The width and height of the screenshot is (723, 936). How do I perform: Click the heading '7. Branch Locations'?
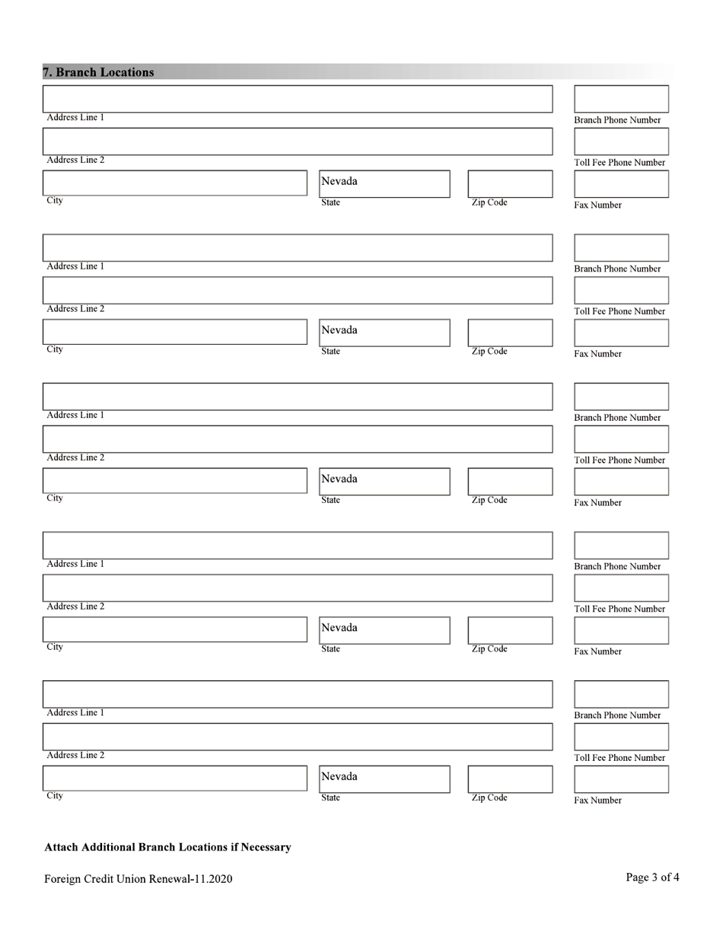point(98,72)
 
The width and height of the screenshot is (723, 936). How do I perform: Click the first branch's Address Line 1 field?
point(297,99)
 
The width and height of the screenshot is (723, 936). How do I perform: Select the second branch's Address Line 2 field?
point(297,290)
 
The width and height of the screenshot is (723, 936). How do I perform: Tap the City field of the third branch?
point(174,480)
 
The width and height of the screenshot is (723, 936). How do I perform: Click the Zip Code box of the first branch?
point(510,183)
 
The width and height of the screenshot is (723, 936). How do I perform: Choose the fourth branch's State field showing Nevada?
point(384,630)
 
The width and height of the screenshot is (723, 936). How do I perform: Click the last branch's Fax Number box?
point(621,779)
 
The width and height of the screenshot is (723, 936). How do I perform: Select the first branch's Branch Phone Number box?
point(621,99)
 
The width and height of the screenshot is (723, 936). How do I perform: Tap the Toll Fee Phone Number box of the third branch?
point(621,439)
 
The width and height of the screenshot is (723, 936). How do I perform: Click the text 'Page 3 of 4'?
point(652,877)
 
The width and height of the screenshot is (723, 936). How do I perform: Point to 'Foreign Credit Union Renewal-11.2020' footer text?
point(138,879)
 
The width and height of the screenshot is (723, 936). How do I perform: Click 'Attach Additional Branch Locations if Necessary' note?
point(167,847)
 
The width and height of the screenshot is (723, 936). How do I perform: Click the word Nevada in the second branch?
point(339,330)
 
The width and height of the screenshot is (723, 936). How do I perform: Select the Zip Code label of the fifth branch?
point(489,798)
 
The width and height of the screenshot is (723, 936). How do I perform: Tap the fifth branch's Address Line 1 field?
point(297,694)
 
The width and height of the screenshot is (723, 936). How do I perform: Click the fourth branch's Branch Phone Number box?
point(621,546)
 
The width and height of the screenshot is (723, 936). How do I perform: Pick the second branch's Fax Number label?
point(597,354)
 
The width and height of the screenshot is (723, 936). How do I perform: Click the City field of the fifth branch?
point(174,778)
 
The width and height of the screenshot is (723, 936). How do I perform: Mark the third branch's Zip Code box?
point(510,481)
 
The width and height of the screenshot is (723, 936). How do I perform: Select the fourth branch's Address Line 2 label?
point(75,606)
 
